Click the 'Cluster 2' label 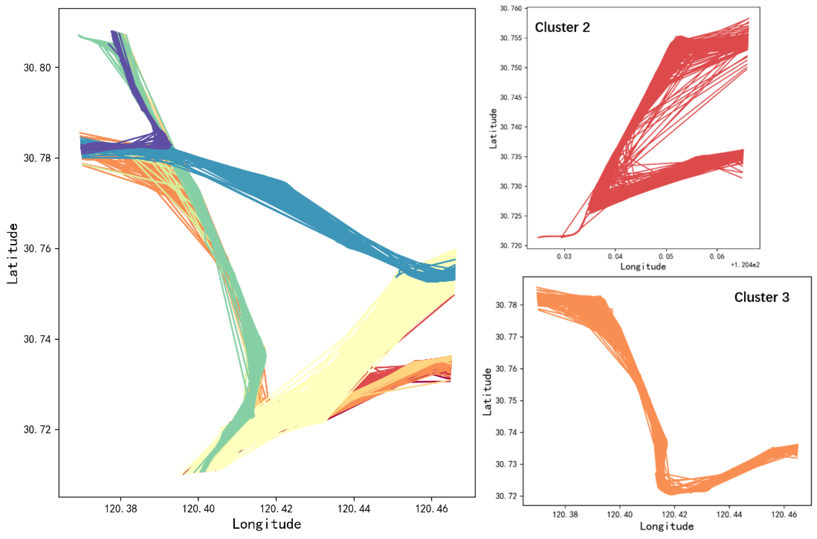pos(562,27)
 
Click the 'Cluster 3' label pos(761,297)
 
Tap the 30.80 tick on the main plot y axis pos(37,67)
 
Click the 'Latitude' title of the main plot pos(12,253)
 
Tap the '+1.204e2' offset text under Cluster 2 pos(745,265)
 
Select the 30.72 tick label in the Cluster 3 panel pos(506,496)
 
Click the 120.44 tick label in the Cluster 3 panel pos(729,515)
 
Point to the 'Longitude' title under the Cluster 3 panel pos(667,526)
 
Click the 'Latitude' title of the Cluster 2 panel pos(493,128)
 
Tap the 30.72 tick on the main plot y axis pos(37,430)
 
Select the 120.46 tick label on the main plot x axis pos(431,508)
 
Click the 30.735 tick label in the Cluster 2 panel pos(510,157)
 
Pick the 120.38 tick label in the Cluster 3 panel pos(565,515)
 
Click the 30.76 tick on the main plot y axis pos(37,248)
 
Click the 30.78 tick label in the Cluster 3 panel pos(506,305)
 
